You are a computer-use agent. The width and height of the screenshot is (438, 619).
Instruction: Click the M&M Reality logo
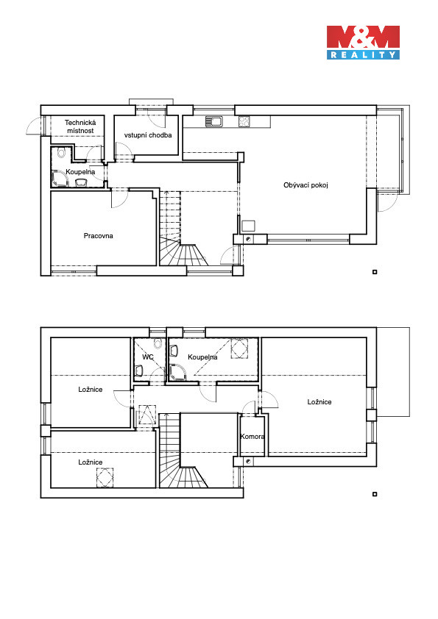click(x=363, y=43)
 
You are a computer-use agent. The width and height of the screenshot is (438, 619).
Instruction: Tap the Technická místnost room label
click(x=80, y=126)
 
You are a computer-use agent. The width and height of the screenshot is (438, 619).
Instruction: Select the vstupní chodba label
click(x=148, y=135)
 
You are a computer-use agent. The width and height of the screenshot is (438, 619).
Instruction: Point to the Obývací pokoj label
click(x=305, y=185)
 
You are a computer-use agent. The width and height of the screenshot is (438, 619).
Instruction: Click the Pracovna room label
click(x=98, y=236)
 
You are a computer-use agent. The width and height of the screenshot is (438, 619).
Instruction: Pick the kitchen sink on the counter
click(x=214, y=121)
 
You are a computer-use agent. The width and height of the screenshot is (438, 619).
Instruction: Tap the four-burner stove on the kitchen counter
click(x=244, y=121)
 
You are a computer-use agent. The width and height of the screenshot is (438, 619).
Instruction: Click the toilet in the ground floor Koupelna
click(x=61, y=152)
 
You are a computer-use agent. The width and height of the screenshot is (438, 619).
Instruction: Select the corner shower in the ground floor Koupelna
click(x=60, y=179)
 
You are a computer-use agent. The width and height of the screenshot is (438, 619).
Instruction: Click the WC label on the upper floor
click(x=147, y=357)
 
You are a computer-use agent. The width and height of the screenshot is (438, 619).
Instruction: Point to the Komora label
click(x=252, y=436)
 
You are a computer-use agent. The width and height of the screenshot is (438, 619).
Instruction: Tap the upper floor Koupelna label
click(x=202, y=357)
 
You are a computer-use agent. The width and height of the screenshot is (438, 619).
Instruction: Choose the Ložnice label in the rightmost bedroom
click(x=319, y=401)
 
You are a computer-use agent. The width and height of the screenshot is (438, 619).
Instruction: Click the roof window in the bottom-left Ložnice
click(x=105, y=476)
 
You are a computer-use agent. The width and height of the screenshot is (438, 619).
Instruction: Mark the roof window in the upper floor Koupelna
click(x=239, y=348)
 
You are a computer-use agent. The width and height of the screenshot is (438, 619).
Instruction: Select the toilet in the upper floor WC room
click(x=158, y=343)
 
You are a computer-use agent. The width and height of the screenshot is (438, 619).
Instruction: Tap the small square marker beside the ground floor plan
click(x=375, y=271)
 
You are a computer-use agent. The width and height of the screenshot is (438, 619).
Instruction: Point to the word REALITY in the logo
click(x=363, y=55)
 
